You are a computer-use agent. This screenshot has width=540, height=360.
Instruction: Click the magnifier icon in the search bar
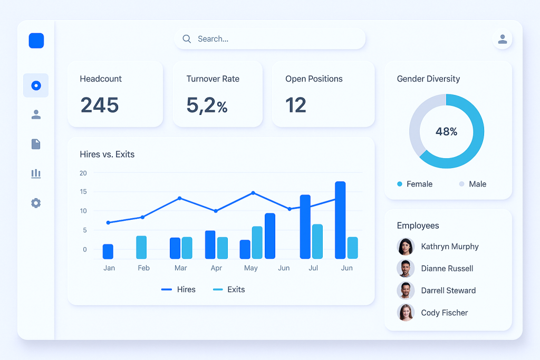tap(186, 38)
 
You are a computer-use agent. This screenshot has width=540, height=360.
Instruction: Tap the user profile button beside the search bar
tap(502, 39)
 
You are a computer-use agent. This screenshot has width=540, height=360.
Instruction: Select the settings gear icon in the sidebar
tap(36, 203)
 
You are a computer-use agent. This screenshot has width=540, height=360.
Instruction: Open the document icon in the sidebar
tap(36, 144)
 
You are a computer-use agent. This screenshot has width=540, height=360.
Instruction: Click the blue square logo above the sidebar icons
tap(36, 41)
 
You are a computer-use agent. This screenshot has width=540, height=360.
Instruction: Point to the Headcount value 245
tap(100, 105)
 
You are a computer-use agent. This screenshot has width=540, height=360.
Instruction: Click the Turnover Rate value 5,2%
tap(207, 105)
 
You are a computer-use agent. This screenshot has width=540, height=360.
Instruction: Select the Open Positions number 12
tap(296, 105)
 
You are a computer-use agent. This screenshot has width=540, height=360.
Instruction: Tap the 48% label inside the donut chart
tap(446, 132)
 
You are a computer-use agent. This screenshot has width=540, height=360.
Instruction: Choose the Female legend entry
tap(415, 184)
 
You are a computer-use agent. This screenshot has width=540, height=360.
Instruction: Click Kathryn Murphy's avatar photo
tap(405, 246)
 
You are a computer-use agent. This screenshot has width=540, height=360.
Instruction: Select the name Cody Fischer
tap(445, 313)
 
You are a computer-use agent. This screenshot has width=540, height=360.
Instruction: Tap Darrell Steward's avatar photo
tap(405, 290)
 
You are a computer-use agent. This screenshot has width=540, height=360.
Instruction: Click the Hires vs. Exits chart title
tap(107, 154)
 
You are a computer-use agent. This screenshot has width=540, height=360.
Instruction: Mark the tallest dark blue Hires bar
tap(340, 220)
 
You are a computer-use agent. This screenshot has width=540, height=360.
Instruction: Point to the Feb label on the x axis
tap(143, 268)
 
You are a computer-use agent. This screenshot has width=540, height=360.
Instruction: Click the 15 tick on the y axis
tap(83, 192)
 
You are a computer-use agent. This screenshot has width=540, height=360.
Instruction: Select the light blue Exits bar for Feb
tap(141, 247)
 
